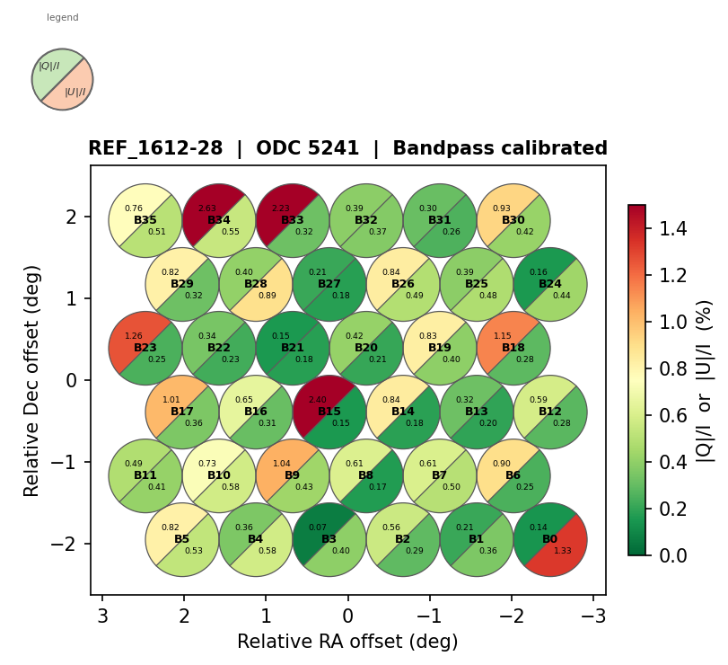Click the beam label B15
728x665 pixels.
(329, 412)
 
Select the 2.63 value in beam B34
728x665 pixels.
(207, 208)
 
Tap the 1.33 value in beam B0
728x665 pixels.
(563, 551)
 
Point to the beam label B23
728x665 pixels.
(145, 348)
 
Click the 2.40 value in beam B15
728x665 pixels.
(318, 400)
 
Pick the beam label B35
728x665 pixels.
(145, 220)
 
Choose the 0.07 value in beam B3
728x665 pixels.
(318, 528)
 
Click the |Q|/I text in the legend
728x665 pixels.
(49, 66)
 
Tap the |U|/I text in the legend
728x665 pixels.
(75, 92)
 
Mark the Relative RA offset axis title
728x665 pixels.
(347, 642)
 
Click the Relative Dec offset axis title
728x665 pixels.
(32, 380)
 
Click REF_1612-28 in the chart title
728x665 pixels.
(155, 149)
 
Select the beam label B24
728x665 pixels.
(550, 284)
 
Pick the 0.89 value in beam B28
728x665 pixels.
(268, 296)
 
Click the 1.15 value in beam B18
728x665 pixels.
(503, 336)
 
